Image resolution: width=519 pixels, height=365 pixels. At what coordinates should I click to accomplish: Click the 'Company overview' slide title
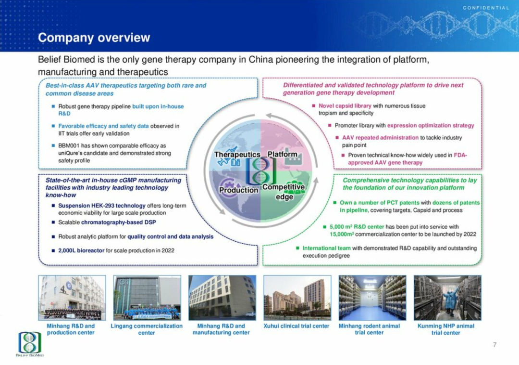click(94, 38)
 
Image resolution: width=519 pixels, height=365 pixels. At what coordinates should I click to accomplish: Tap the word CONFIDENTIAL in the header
click(486, 8)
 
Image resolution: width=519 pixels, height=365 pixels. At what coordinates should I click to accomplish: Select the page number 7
click(494, 345)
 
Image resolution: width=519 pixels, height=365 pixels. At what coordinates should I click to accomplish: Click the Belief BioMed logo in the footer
click(30, 344)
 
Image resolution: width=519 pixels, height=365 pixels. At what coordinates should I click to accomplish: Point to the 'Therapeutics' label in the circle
click(237, 155)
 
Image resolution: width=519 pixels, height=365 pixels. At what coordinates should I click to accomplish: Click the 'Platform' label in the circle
click(283, 154)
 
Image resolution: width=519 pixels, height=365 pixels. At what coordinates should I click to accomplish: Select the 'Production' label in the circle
click(239, 190)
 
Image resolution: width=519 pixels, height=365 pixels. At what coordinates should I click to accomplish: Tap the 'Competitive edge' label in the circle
click(284, 192)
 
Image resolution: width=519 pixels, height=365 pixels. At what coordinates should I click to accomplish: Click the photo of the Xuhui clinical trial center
click(297, 298)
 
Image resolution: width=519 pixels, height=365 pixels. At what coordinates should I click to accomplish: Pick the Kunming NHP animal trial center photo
click(447, 298)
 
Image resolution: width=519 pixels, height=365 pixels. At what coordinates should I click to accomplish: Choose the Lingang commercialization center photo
click(147, 298)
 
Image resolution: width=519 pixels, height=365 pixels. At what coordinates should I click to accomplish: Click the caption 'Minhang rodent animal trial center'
click(369, 329)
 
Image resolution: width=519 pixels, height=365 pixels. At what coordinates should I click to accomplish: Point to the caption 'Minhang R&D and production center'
click(71, 329)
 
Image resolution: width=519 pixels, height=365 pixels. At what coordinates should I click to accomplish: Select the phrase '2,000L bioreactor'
click(81, 250)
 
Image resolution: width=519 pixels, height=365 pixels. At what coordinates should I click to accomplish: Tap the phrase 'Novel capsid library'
click(345, 106)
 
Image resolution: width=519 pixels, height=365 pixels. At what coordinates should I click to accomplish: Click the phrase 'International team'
click(327, 248)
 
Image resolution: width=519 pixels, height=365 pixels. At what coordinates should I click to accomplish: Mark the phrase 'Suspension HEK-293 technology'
click(102, 206)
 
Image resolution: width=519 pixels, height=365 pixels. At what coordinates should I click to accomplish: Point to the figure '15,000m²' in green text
click(342, 234)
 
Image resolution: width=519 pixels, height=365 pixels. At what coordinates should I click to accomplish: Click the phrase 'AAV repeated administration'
click(380, 138)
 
